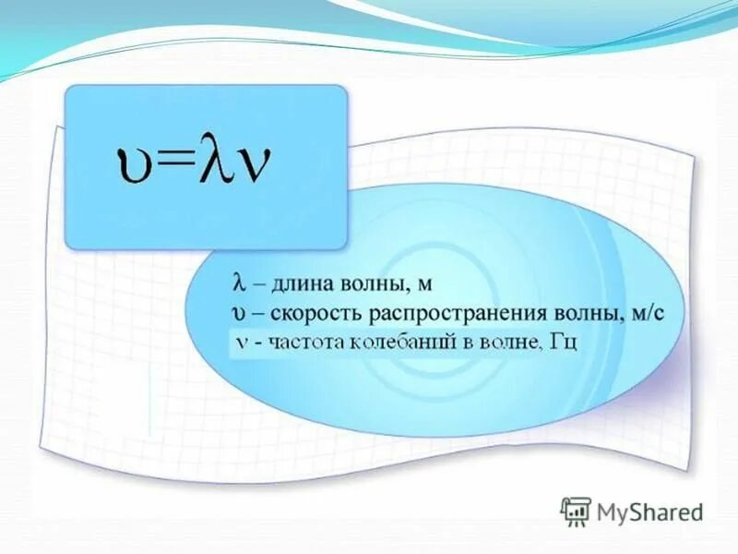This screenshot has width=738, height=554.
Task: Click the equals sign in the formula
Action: point(171,163)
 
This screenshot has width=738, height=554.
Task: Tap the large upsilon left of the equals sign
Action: point(128,167)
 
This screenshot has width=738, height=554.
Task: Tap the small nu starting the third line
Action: point(239,343)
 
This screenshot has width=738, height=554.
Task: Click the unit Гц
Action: point(562,343)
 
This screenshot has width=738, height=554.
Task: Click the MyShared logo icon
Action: point(576,511)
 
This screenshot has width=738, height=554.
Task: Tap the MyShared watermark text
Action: point(649,512)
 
